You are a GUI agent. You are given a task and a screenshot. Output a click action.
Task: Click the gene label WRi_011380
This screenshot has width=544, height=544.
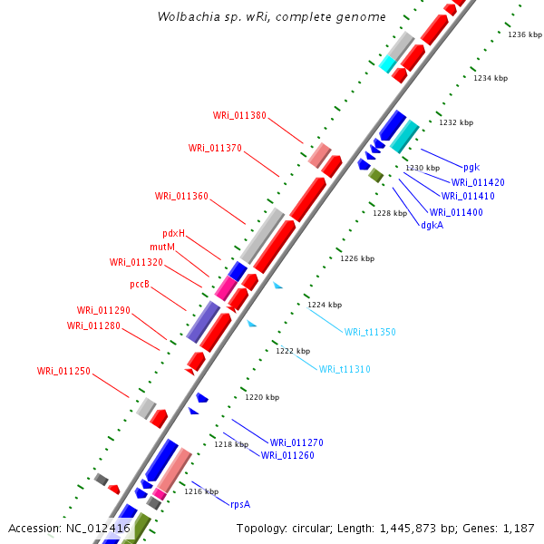click(239, 115)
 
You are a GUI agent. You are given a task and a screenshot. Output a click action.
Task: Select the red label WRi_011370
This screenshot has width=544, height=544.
click(215, 148)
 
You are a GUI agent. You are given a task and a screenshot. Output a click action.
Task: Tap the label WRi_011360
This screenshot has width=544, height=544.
click(181, 196)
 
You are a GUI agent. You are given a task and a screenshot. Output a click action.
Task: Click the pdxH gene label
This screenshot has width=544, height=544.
click(173, 233)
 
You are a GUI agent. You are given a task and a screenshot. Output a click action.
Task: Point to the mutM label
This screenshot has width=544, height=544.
click(162, 247)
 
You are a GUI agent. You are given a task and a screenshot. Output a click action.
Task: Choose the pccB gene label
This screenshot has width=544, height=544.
click(140, 284)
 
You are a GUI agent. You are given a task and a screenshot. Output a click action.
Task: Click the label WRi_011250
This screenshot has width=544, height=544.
click(63, 371)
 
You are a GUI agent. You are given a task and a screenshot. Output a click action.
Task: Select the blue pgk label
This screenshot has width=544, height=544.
click(471, 167)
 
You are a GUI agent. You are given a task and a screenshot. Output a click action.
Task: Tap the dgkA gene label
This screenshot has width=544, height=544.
click(432, 225)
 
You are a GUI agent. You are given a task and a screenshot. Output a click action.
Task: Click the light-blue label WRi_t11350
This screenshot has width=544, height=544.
click(370, 332)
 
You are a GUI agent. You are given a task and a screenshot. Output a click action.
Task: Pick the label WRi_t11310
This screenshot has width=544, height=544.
click(345, 369)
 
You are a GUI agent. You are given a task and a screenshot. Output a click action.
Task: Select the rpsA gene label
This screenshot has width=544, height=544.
click(240, 503)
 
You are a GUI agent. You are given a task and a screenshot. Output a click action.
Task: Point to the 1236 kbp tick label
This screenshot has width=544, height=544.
click(525, 34)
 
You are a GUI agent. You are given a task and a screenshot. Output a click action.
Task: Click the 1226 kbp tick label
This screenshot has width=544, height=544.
click(357, 258)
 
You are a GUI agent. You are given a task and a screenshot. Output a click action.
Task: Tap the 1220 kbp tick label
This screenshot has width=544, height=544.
click(262, 397)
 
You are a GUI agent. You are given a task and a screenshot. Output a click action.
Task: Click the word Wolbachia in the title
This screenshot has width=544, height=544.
click(188, 17)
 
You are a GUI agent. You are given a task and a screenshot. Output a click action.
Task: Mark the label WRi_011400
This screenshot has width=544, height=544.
click(456, 212)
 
